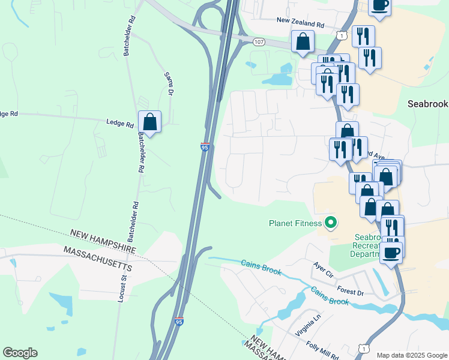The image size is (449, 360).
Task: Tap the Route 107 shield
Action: [x=259, y=41]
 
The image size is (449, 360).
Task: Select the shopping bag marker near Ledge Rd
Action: [x=149, y=122]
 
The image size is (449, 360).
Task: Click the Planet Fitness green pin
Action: [x=330, y=224]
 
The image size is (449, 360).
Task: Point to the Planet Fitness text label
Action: [x=294, y=224]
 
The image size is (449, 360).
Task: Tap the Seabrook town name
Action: [x=427, y=103]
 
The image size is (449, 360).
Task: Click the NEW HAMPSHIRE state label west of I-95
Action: [x=103, y=240]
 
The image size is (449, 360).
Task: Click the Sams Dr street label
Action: [x=169, y=84]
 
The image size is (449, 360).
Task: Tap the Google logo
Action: [x=20, y=353]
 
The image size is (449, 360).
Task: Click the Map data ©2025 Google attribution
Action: [x=411, y=355]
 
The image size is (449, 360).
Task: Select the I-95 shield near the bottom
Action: [x=179, y=322]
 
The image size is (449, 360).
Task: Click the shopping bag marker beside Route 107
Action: [x=303, y=41]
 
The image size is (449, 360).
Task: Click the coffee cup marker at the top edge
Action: [x=379, y=5]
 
